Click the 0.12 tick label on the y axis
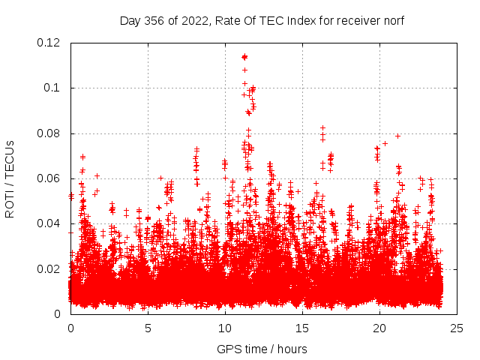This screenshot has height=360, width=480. pyautogui.click(x=49, y=43)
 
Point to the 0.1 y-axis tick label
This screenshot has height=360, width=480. pyautogui.click(x=52, y=88)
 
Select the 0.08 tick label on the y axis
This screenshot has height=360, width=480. pyautogui.click(x=49, y=133)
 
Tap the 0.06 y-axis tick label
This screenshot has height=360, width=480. pyautogui.click(x=49, y=178)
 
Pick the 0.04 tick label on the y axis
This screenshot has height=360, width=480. pyautogui.click(x=49, y=223)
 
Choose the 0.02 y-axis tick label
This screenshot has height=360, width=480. pyautogui.click(x=49, y=268)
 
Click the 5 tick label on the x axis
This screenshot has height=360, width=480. pyautogui.click(x=148, y=328)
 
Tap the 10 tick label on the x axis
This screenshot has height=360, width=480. pyautogui.click(x=225, y=328)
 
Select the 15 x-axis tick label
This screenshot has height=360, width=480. pyautogui.click(x=302, y=328)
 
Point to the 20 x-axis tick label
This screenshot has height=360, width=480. pyautogui.click(x=379, y=328)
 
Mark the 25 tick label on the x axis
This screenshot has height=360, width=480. pyautogui.click(x=457, y=328)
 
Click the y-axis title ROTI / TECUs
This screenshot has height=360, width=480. pyautogui.click(x=10, y=178)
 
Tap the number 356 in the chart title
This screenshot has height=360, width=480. pyautogui.click(x=155, y=20)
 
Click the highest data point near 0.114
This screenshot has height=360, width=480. pyautogui.click(x=244, y=56)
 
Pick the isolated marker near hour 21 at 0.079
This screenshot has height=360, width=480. pyautogui.click(x=397, y=136)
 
